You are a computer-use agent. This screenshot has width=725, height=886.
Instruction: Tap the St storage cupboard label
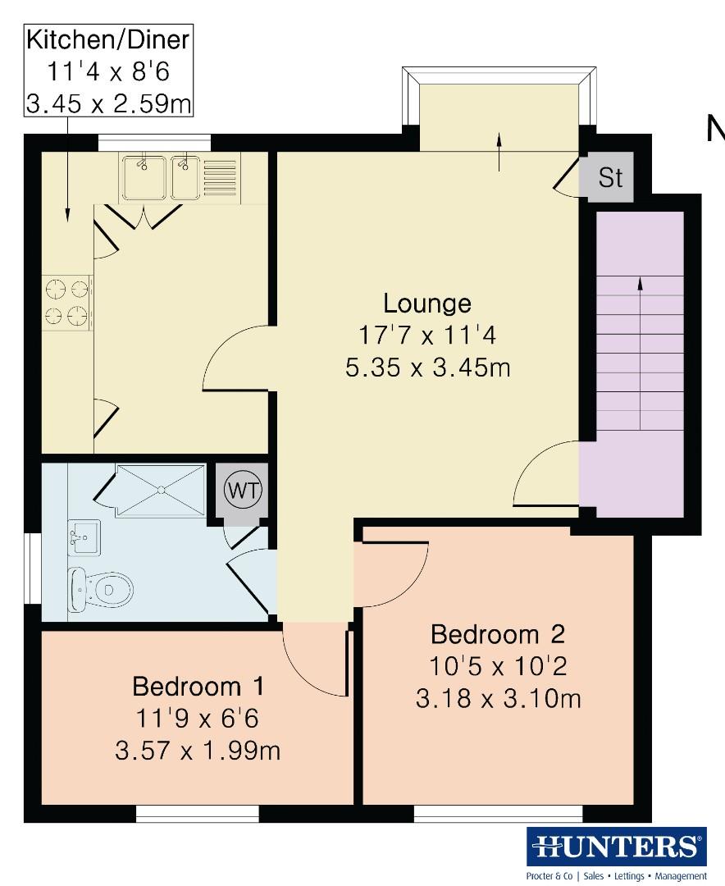click(x=610, y=178)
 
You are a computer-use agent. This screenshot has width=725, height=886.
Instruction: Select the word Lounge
click(x=427, y=303)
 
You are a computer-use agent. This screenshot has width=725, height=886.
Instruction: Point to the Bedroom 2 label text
click(x=498, y=634)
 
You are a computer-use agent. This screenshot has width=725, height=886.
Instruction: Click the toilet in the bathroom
click(x=103, y=587)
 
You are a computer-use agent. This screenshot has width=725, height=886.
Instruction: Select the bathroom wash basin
click(x=84, y=537)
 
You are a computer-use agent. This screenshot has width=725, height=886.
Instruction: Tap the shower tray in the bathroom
click(x=161, y=491)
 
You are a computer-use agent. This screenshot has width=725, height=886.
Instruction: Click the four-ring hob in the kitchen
click(x=67, y=302)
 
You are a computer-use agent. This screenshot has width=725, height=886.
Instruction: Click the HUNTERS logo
click(x=616, y=846)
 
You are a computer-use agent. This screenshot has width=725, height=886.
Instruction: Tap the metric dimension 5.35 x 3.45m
click(x=427, y=367)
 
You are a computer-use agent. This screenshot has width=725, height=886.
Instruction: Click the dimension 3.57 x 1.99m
click(x=198, y=750)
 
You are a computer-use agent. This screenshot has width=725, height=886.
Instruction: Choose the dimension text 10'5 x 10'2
click(x=498, y=666)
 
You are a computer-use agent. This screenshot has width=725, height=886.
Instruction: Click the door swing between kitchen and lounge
click(x=238, y=359)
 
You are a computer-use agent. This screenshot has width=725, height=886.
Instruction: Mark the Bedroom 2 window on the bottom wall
click(x=498, y=813)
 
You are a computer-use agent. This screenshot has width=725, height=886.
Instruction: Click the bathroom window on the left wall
click(x=33, y=578)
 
